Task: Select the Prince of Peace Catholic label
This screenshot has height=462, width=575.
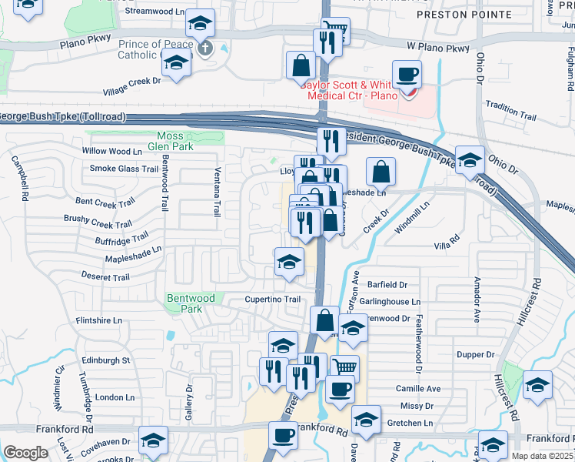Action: (151, 49)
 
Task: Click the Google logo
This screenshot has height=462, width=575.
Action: (25, 453)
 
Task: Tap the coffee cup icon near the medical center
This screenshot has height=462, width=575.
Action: (407, 75)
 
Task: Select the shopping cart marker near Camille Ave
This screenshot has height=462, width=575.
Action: (345, 368)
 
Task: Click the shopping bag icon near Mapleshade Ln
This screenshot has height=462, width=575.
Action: (381, 172)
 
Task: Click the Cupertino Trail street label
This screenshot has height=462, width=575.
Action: (272, 300)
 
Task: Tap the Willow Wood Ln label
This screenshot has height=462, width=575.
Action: (112, 152)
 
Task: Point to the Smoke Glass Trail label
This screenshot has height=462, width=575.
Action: (125, 169)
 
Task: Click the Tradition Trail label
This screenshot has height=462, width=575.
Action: (510, 114)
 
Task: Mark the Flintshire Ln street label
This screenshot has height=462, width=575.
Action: (98, 320)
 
